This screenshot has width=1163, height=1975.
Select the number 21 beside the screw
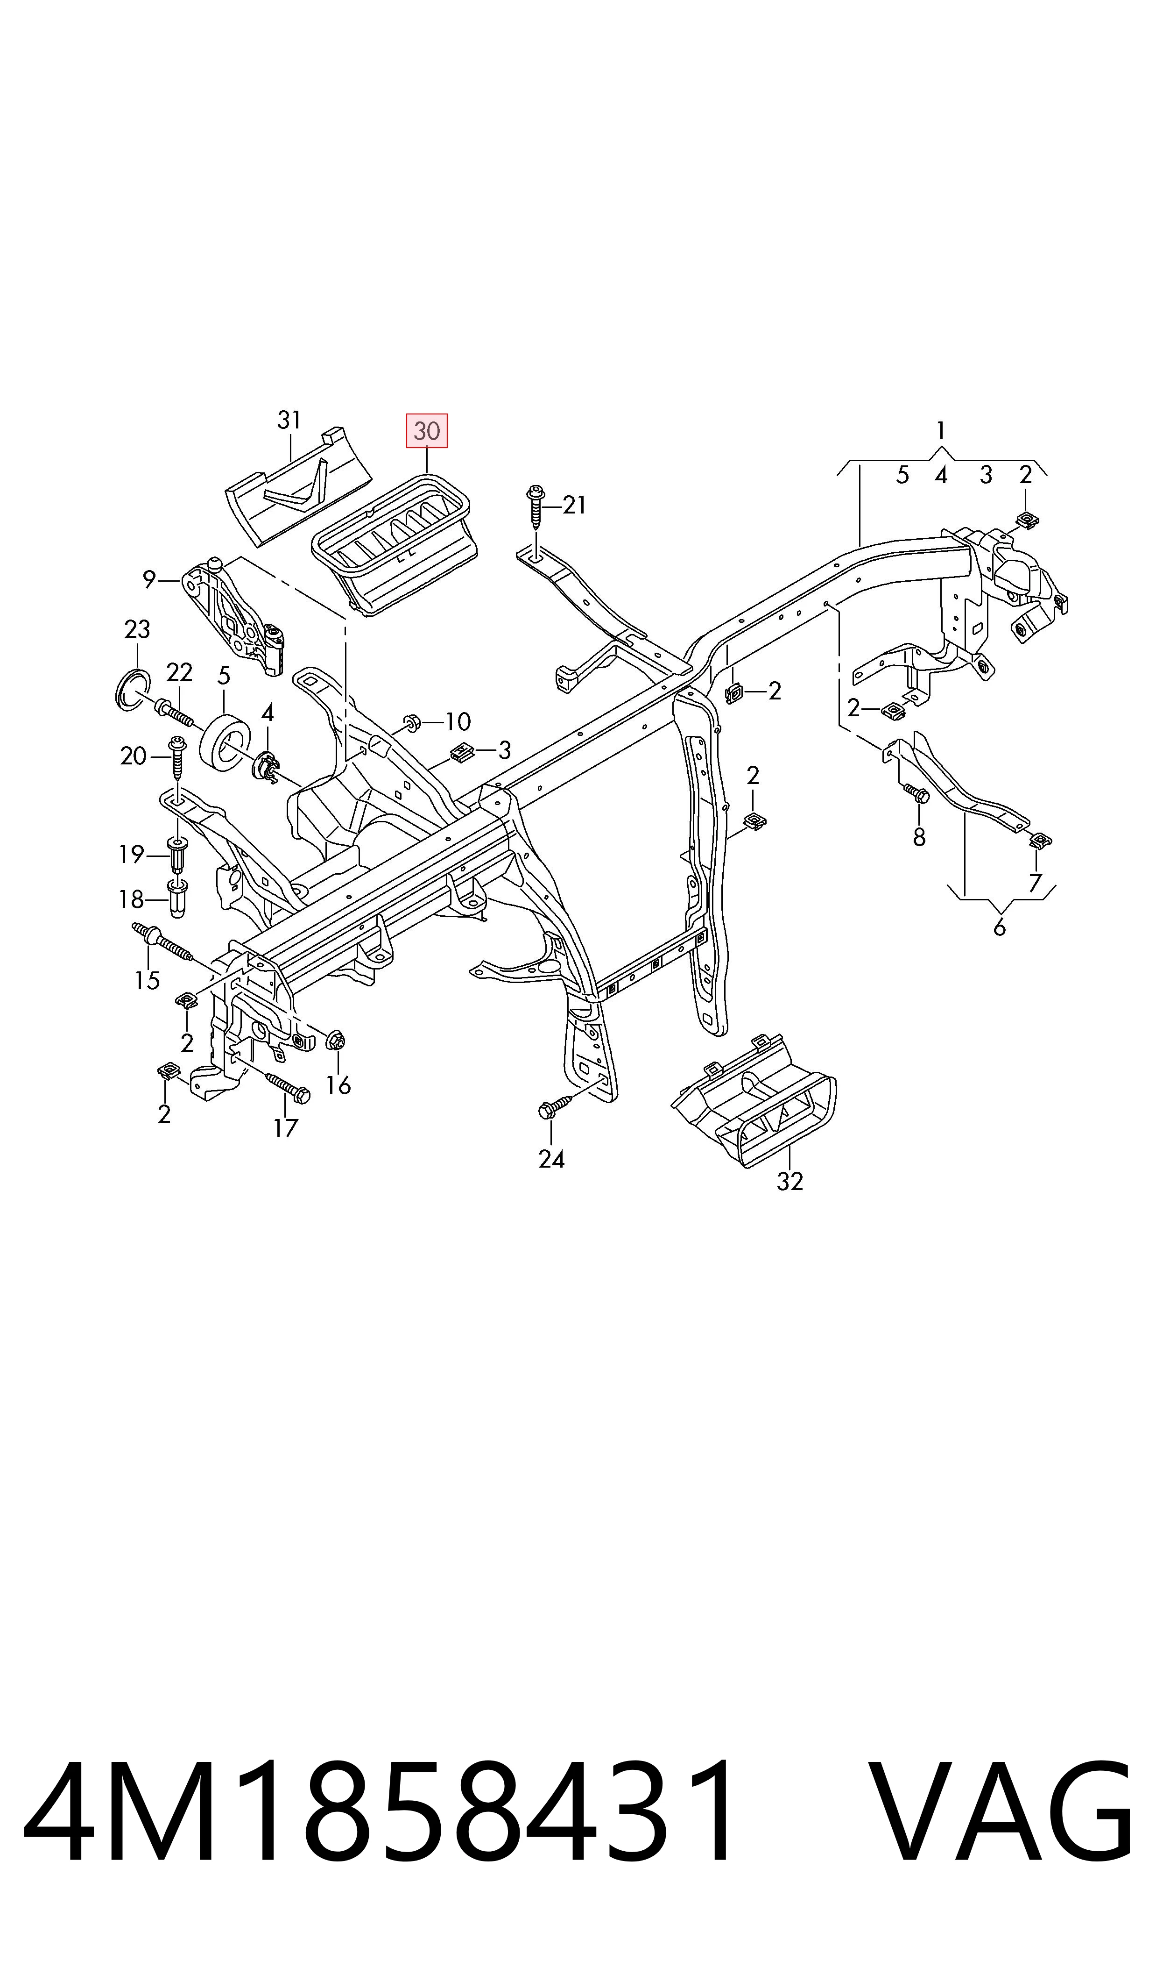pos(574,506)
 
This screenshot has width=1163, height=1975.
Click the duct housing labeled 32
pos(754,1099)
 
